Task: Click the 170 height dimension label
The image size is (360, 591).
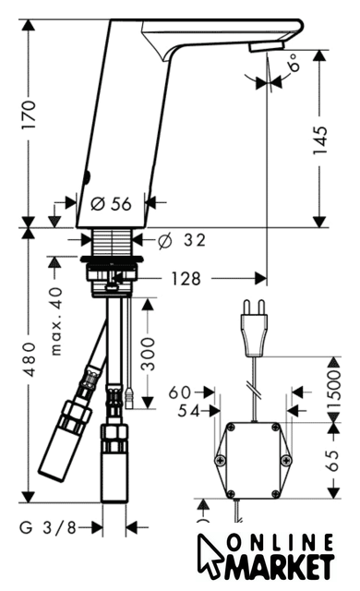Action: tap(29, 115)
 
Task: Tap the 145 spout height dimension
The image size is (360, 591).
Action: tap(320, 140)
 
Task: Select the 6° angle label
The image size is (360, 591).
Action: tap(294, 63)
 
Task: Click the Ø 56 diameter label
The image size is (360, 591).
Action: tap(112, 204)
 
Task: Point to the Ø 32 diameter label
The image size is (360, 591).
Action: tap(182, 240)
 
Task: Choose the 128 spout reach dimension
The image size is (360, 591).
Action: tap(186, 279)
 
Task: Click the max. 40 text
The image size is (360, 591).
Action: tap(56, 321)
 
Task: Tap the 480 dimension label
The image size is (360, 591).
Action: tap(29, 359)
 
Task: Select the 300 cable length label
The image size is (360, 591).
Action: tap(148, 354)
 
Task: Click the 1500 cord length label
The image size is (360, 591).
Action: tap(333, 390)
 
